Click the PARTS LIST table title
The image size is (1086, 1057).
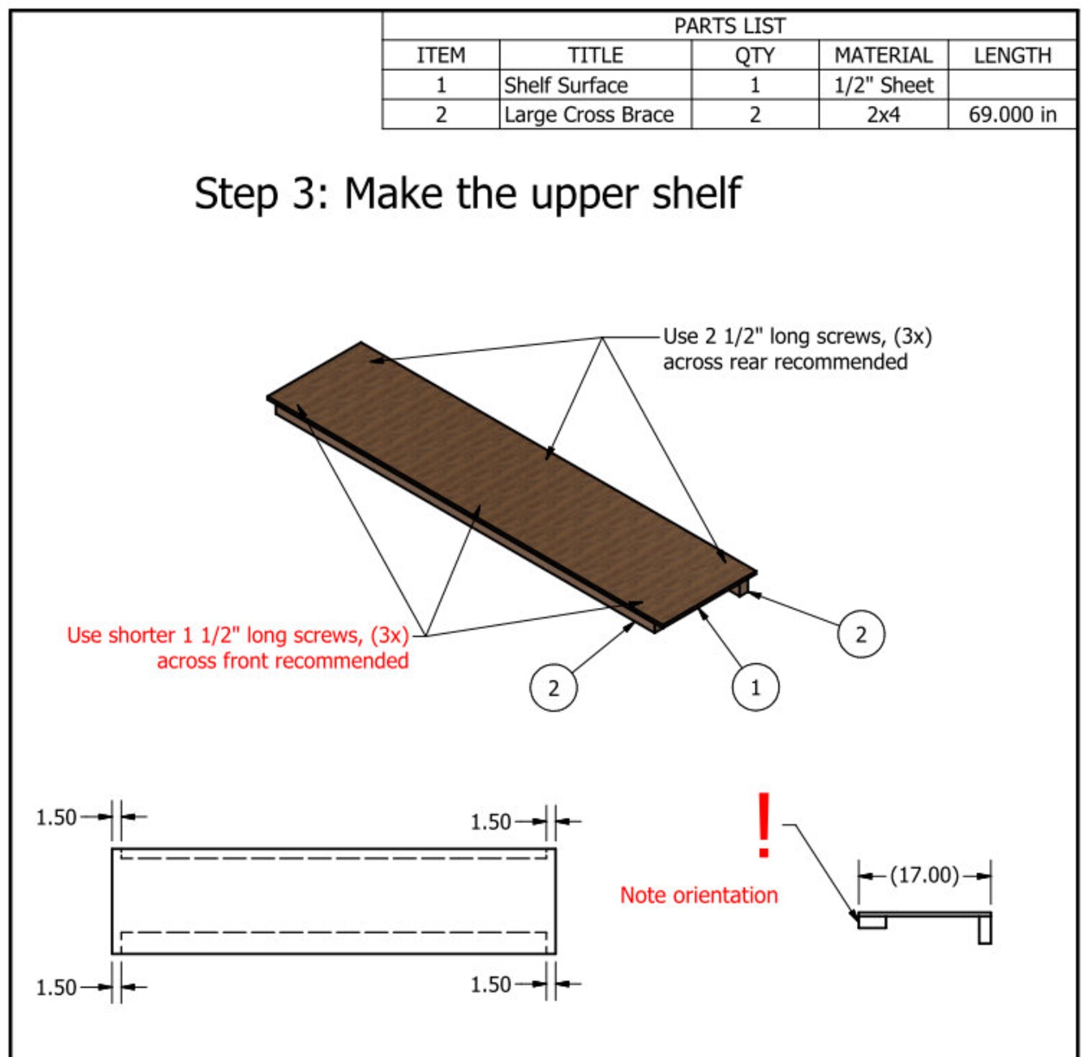click(729, 26)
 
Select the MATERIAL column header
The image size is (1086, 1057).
click(883, 55)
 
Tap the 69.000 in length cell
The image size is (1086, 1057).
click(1012, 114)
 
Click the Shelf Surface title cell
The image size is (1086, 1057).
click(566, 85)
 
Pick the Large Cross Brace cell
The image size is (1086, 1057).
click(589, 114)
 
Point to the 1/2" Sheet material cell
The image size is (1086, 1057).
click(883, 85)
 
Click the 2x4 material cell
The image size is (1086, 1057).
click(883, 114)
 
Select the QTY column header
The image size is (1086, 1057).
click(754, 55)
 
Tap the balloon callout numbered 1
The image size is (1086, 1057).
click(755, 687)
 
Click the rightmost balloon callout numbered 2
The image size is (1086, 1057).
click(861, 634)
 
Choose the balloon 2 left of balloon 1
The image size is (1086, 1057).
click(553, 688)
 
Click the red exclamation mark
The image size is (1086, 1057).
click(764, 825)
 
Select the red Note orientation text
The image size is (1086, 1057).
click(698, 895)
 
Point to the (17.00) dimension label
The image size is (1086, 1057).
click(924, 875)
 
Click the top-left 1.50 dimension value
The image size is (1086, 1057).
click(56, 817)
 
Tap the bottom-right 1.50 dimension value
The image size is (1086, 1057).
click(490, 985)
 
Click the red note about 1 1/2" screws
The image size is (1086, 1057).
click(238, 647)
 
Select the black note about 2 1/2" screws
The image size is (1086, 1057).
click(797, 349)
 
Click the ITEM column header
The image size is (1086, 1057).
click(440, 55)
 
